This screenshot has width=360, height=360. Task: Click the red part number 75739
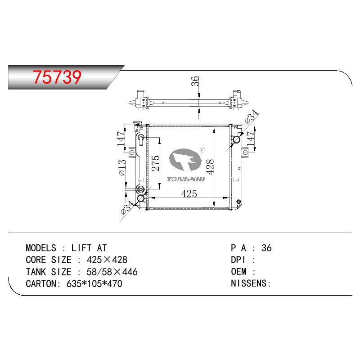(57, 76)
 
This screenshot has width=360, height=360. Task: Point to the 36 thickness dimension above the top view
(195, 81)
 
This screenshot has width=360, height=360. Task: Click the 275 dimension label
(156, 163)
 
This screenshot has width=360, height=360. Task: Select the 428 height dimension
(210, 166)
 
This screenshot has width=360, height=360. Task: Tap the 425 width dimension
(189, 194)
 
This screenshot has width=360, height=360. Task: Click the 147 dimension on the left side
(121, 139)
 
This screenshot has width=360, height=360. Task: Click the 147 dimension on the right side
(251, 138)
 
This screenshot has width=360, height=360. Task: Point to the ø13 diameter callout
(122, 167)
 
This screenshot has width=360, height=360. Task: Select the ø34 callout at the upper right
(252, 117)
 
